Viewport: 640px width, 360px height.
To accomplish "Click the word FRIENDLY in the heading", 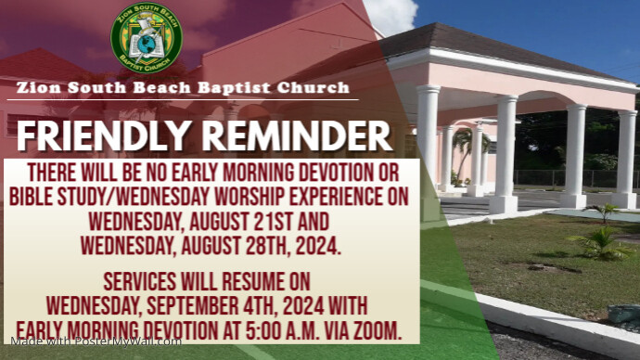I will coord(99,136).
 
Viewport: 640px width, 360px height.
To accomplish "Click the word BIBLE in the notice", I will coord(35,197).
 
